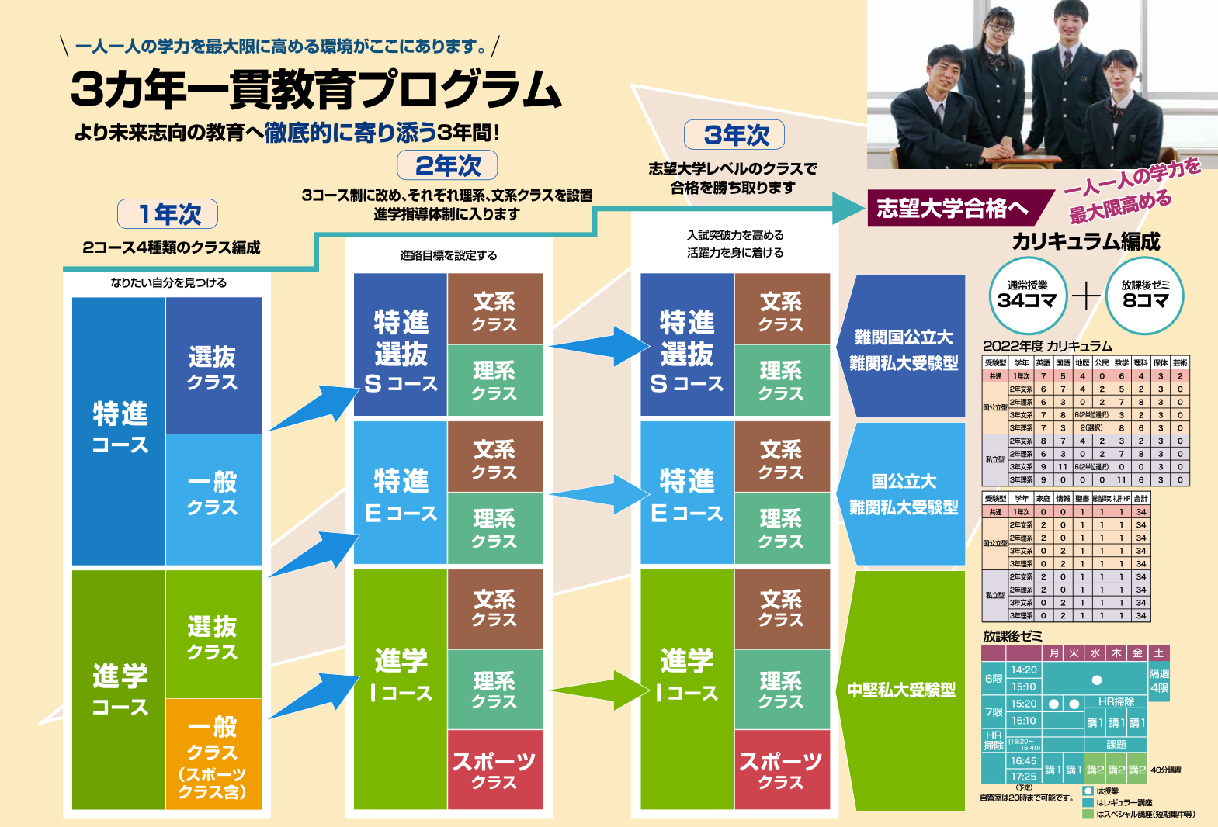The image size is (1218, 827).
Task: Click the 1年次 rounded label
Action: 168,214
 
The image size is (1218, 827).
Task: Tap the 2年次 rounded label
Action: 447,165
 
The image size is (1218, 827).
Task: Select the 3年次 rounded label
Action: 734,135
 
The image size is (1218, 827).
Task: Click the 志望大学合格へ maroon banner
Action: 953,208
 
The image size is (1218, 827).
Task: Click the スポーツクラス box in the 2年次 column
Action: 494,770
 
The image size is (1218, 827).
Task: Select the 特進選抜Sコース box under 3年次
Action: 687,345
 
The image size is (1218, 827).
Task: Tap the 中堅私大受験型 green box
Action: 901,690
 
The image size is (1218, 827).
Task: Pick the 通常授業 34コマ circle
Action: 1027,296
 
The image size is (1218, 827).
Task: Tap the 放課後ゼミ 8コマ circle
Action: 1146,296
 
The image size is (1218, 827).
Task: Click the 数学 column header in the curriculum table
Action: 1121,362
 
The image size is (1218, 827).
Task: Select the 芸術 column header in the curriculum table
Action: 1180,362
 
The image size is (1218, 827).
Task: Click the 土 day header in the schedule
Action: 1158,653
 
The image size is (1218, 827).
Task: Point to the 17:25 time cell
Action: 1023,776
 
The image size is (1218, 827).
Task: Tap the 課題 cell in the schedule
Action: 1116,745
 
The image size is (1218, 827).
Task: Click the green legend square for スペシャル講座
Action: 1088,814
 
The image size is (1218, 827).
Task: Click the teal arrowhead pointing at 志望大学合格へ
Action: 848,208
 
